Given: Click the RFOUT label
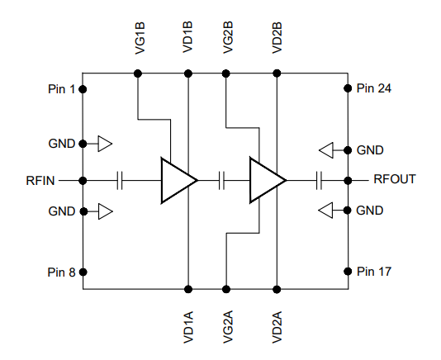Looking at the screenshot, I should (x=394, y=179).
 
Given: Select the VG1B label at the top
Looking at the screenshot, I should (x=139, y=37).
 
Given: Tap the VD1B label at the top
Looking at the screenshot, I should (x=188, y=37).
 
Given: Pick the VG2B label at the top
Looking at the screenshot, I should (x=226, y=37).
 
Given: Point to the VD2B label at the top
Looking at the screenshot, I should (x=277, y=37).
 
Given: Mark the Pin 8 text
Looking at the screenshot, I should (x=62, y=272).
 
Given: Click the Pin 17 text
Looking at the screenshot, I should (x=374, y=272).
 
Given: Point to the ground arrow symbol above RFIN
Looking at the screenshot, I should (x=105, y=144).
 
